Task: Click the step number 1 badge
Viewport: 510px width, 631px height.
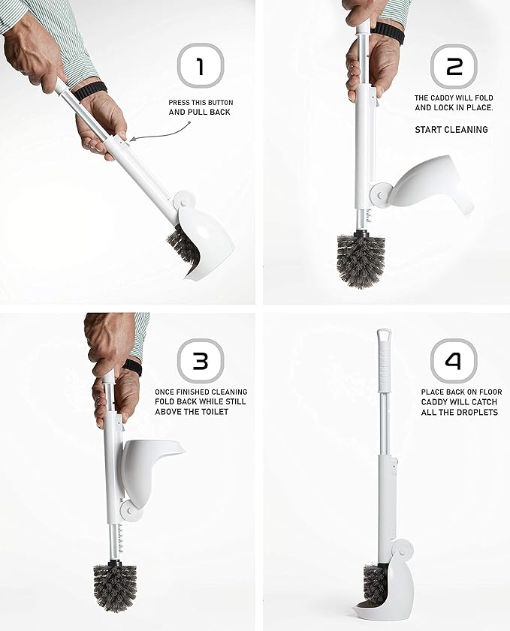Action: click(x=200, y=67)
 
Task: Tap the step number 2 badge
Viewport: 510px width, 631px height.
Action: click(x=454, y=67)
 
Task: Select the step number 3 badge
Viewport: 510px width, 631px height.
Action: click(x=200, y=361)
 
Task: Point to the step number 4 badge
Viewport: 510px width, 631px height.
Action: click(x=454, y=361)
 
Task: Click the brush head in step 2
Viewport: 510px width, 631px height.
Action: click(x=361, y=256)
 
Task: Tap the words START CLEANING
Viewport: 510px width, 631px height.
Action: click(x=451, y=130)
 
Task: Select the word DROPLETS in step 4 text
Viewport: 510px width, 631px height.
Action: click(x=478, y=413)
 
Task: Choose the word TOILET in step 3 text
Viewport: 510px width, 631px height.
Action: click(x=226, y=413)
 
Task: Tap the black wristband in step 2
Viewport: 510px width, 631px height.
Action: click(x=388, y=32)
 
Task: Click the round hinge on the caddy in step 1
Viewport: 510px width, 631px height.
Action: click(x=183, y=200)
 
